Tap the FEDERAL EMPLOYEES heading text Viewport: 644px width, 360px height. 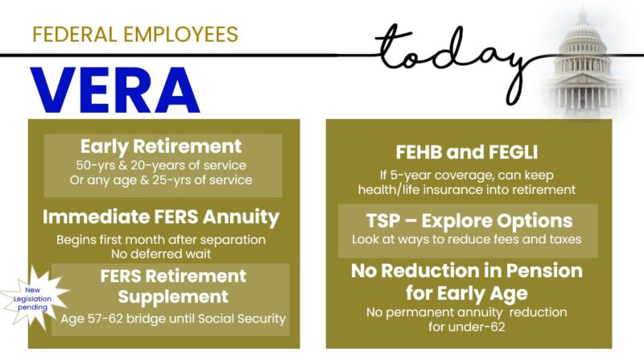point(134,35)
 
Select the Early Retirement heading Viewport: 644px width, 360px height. point(161,147)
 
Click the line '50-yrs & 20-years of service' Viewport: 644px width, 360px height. point(161,164)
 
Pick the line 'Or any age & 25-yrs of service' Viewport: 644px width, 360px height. point(161,180)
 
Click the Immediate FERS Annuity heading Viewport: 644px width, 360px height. point(161,217)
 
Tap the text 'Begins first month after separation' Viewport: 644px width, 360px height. point(161,240)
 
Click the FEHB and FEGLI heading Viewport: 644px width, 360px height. point(467,152)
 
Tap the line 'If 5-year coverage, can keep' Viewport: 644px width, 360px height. point(467,174)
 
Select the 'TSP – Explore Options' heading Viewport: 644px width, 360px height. point(467,221)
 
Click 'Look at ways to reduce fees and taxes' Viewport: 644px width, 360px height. point(467,240)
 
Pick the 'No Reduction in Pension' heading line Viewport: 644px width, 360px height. point(467,271)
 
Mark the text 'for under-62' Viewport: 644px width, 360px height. point(467,326)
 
